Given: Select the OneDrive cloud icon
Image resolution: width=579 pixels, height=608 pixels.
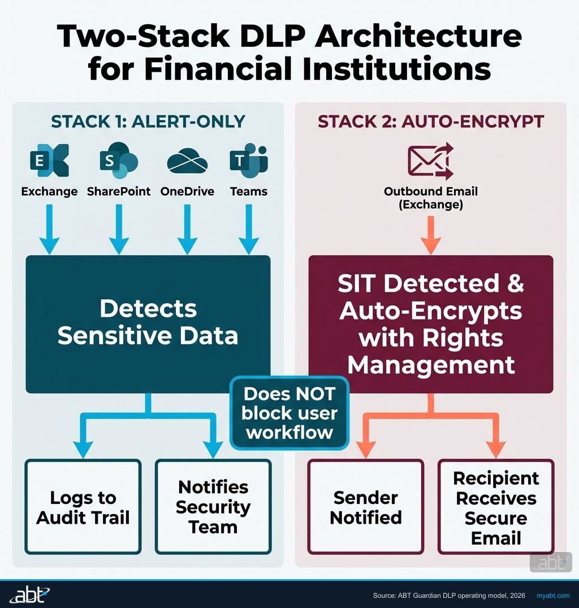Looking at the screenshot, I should click(x=187, y=161).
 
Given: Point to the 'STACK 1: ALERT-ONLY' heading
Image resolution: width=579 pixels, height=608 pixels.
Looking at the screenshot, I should click(x=148, y=122).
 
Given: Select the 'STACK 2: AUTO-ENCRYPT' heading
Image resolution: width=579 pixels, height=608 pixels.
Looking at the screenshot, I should click(x=431, y=122).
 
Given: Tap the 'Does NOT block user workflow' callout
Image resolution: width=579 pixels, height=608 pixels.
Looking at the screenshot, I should click(x=289, y=412).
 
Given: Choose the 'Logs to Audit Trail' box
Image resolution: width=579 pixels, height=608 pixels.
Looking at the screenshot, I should click(x=83, y=507).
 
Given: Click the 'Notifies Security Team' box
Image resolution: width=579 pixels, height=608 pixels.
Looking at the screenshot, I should click(x=213, y=507).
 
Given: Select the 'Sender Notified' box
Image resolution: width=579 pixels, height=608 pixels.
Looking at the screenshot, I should click(x=366, y=507).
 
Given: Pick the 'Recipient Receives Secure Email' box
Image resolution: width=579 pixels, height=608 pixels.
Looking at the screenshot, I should click(x=496, y=507).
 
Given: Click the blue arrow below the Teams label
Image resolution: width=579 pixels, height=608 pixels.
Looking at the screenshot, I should click(x=249, y=229).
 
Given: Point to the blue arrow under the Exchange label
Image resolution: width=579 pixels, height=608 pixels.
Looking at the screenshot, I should click(x=49, y=229).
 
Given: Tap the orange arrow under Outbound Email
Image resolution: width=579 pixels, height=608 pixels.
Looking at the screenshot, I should click(x=431, y=235).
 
